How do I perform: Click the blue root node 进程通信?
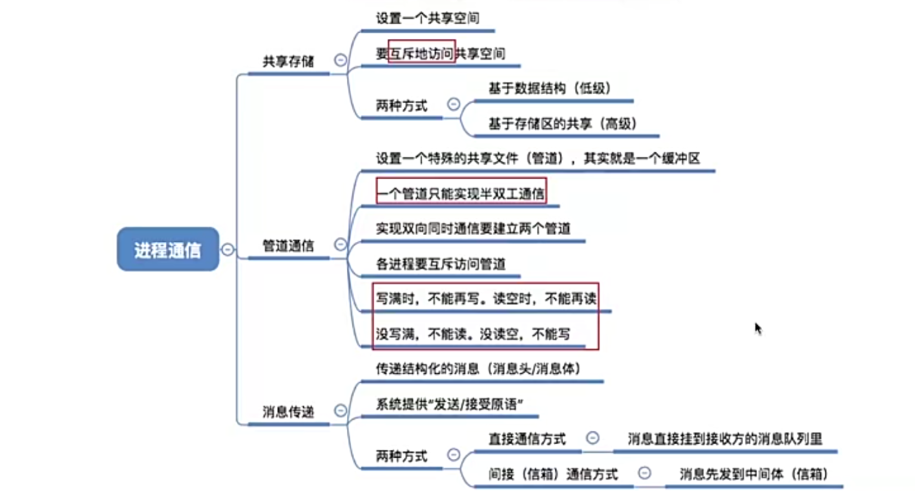click(x=167, y=249)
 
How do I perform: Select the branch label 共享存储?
click(x=288, y=61)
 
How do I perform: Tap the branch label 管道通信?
click(x=288, y=246)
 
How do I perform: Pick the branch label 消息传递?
click(x=288, y=412)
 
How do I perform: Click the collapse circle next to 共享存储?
click(x=341, y=60)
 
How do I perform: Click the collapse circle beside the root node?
click(x=227, y=249)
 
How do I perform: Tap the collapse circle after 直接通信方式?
click(x=593, y=438)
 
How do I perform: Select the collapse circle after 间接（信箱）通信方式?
click(x=644, y=473)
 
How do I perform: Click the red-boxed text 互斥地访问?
click(x=422, y=53)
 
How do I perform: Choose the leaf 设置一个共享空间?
click(x=427, y=19)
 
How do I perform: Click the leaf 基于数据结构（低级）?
click(x=549, y=89)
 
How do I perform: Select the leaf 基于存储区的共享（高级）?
click(x=562, y=123)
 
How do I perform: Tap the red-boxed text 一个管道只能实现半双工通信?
click(x=461, y=193)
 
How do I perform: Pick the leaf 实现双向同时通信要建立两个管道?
click(x=473, y=229)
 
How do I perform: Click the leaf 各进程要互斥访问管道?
click(x=440, y=264)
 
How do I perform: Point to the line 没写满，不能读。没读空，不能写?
click(x=473, y=334)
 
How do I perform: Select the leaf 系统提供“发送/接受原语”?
click(x=449, y=404)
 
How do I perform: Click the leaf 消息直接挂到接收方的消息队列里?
click(x=724, y=439)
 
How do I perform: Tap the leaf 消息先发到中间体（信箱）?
click(x=753, y=474)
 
